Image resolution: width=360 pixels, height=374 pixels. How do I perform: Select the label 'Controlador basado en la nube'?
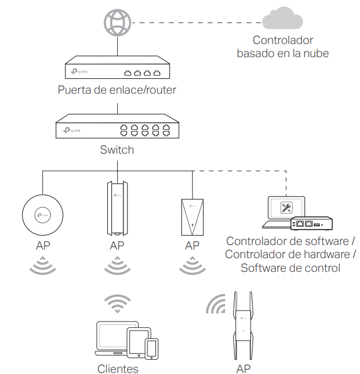282,47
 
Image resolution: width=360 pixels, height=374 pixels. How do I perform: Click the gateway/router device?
117,69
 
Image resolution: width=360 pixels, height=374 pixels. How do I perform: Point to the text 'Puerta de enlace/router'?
117,90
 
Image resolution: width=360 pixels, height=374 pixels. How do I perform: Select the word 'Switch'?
117,150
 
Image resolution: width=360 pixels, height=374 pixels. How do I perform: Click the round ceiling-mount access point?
43,214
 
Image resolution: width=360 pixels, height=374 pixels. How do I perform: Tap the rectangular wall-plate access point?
192,217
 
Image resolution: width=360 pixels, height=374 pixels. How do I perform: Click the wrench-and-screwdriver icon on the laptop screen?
286,208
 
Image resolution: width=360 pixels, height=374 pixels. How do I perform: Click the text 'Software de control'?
290,268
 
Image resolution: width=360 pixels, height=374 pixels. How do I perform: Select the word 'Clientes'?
118,368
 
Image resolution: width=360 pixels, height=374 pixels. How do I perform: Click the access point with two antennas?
243,325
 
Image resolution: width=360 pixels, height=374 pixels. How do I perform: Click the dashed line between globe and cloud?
194,23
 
